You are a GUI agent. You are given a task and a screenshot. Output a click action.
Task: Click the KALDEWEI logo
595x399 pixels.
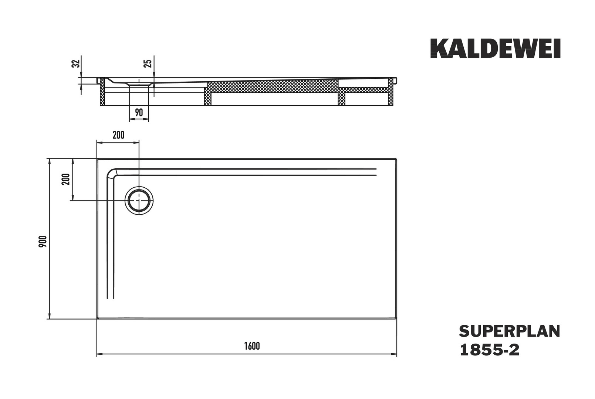[x=496, y=48]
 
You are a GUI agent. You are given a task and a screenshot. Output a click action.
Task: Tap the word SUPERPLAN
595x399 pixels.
[x=510, y=331]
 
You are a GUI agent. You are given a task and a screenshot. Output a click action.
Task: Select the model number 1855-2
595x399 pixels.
[x=489, y=350]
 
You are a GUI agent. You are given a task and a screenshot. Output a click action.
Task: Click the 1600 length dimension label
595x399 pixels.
[x=252, y=346]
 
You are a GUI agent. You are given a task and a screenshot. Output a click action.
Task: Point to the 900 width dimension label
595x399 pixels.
[x=43, y=241]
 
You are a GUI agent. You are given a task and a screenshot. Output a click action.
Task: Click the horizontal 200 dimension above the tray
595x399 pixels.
[x=118, y=135]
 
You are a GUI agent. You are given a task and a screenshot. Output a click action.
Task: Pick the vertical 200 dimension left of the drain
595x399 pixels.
[x=65, y=179]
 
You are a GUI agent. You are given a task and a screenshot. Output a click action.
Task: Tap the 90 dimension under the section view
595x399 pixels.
[x=139, y=112]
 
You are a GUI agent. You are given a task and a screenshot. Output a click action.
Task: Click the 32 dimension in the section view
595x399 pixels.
[x=76, y=64]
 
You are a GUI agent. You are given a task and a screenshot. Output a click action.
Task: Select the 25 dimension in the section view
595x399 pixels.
[x=148, y=64]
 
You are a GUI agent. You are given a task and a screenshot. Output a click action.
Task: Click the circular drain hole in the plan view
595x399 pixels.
[x=139, y=201]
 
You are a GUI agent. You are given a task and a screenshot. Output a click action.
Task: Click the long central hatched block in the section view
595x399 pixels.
[x=273, y=87]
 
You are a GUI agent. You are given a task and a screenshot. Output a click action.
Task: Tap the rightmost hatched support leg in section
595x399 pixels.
[x=391, y=92]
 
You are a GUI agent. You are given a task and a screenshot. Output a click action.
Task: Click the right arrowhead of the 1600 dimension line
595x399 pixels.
[x=394, y=354]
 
